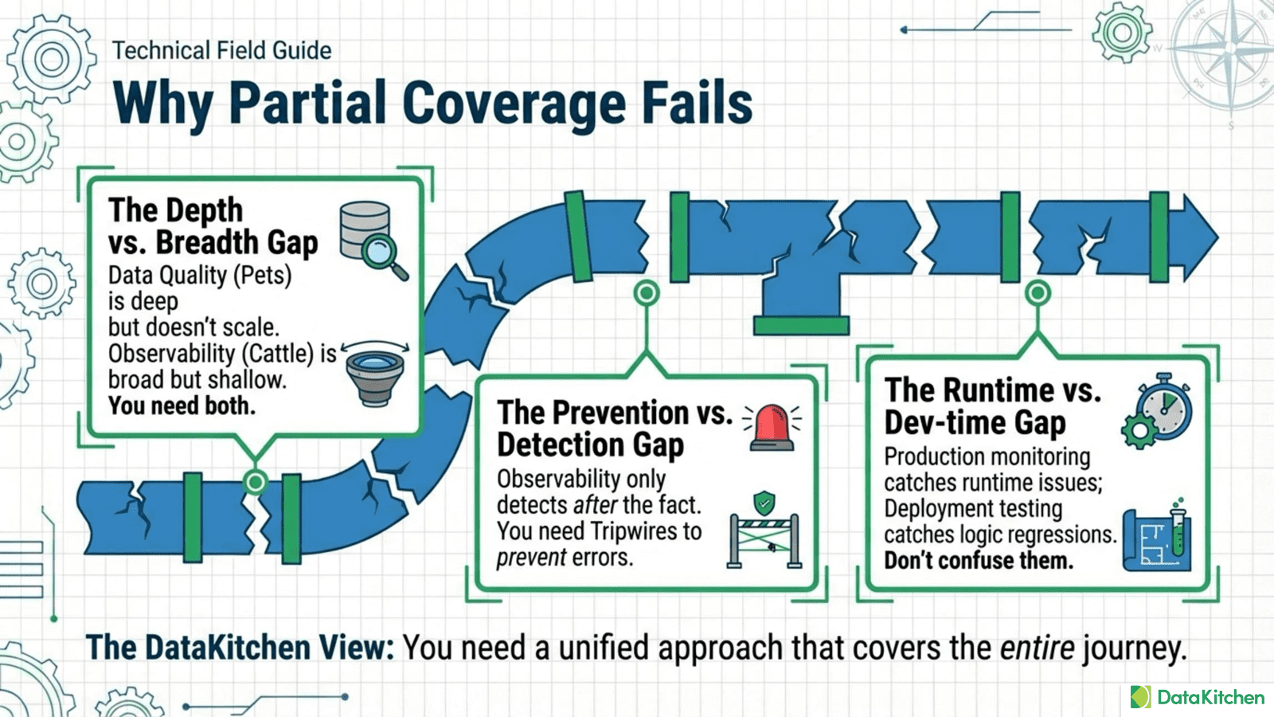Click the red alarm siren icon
[x=772, y=427]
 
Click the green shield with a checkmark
[x=764, y=503]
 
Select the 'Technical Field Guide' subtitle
[x=221, y=50]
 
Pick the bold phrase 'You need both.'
[x=182, y=406]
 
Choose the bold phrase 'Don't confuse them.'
[x=979, y=561]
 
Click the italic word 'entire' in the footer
[x=1037, y=648]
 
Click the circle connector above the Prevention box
[x=647, y=293]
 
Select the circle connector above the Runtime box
[x=1037, y=293]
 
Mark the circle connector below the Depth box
[x=256, y=481]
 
